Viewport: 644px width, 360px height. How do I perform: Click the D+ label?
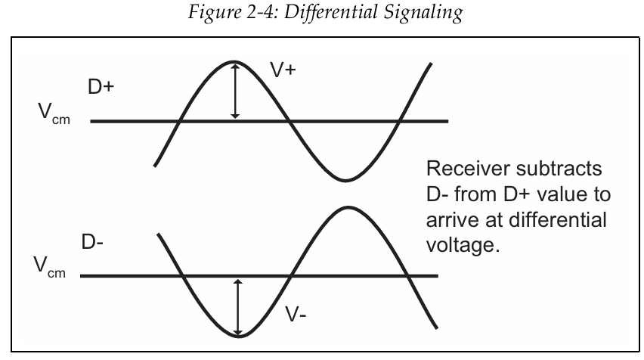tap(100, 88)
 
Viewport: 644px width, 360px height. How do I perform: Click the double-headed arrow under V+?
tap(235, 91)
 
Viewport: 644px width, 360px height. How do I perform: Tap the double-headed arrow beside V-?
tap(240, 307)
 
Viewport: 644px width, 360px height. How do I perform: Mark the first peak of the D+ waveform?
tap(235, 62)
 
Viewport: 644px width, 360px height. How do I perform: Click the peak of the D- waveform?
tap(346, 206)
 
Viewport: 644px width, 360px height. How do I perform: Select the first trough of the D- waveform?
tap(239, 336)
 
